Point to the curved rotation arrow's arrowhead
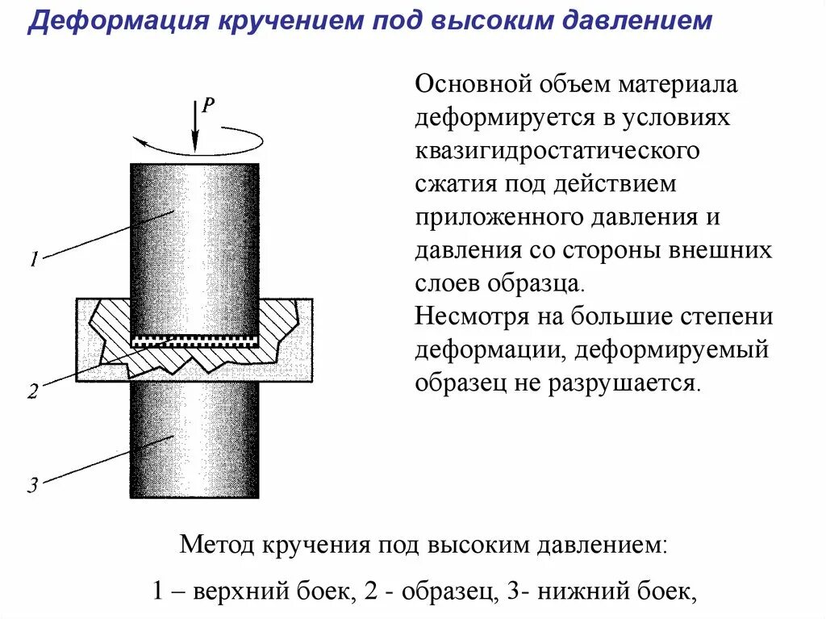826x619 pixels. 139,143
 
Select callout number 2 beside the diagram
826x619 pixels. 33,392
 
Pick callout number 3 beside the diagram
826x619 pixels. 33,485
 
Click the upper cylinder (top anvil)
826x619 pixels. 194,242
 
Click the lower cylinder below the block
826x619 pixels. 194,440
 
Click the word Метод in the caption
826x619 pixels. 215,544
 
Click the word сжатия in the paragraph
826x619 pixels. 456,184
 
